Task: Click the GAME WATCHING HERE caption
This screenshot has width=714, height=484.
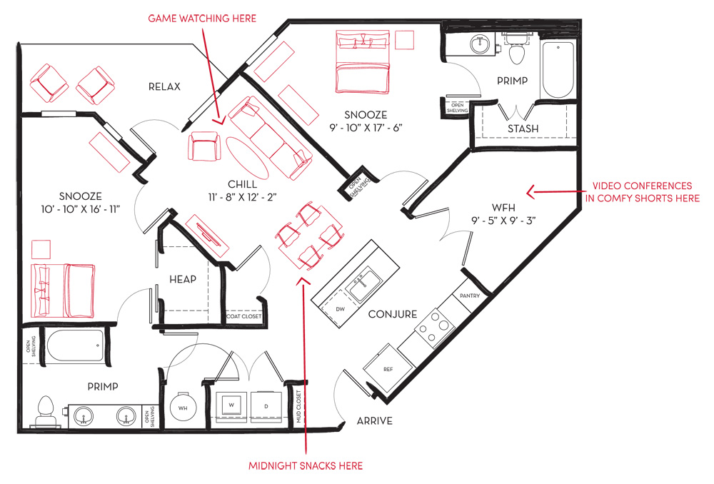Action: click(202, 19)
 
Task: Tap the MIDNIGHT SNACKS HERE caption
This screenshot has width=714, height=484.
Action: click(306, 465)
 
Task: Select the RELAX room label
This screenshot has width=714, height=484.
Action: click(164, 86)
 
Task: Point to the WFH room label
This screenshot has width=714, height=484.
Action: click(503, 208)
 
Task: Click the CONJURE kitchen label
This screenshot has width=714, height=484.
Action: click(393, 314)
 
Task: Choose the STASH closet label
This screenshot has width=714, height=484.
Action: click(523, 129)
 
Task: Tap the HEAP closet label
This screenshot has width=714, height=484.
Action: click(183, 279)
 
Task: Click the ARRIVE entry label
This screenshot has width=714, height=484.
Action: click(374, 420)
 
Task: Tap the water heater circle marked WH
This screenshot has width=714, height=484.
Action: click(183, 408)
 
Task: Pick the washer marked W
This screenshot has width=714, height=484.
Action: click(231, 405)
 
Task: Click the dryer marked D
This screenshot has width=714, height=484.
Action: click(266, 405)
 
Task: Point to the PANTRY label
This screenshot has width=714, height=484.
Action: click(470, 296)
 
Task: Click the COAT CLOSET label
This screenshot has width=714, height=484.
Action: click(244, 316)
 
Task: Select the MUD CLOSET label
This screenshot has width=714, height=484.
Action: click(299, 407)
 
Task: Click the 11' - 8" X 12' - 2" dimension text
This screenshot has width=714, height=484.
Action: click(242, 197)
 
